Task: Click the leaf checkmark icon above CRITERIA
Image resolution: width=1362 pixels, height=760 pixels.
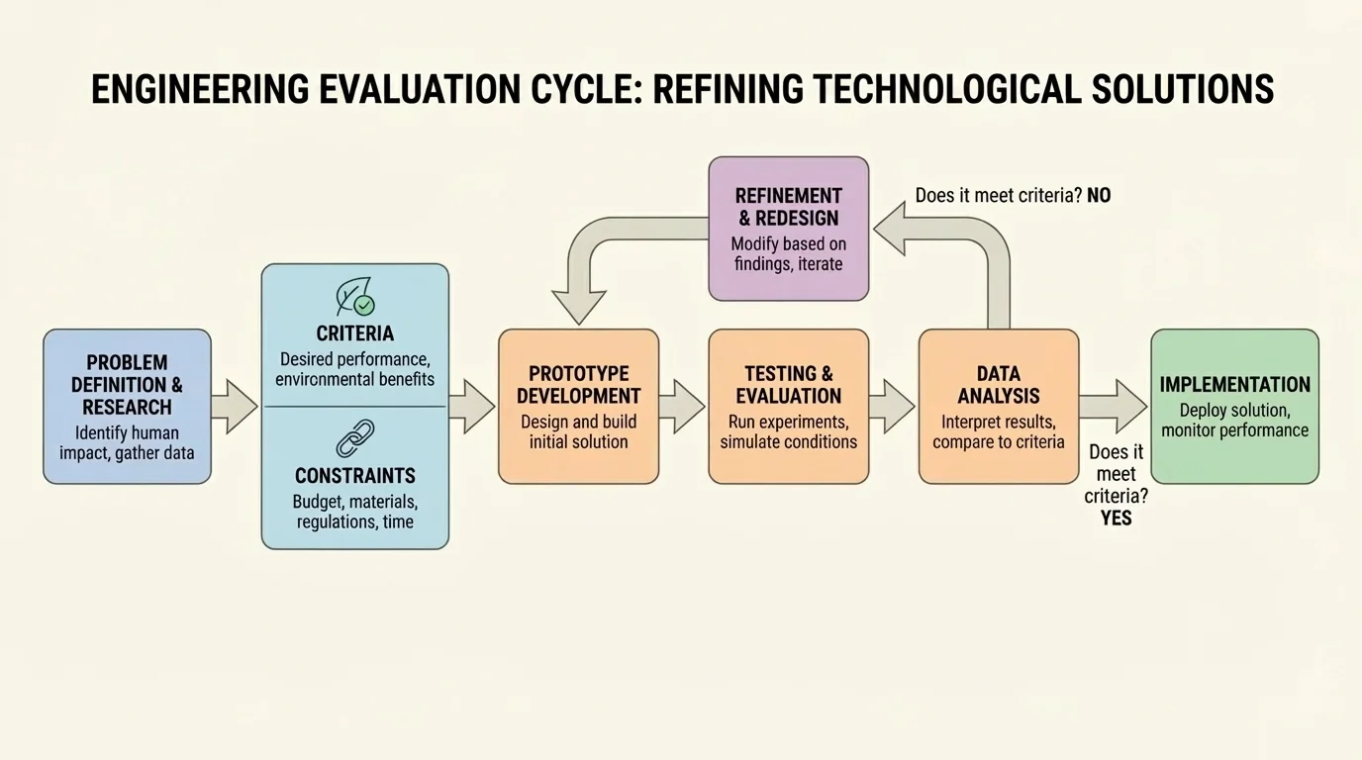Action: pos(355,297)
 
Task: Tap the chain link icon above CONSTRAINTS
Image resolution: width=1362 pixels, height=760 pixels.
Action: pos(355,438)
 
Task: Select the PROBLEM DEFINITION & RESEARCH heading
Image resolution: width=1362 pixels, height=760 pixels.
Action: pos(127,385)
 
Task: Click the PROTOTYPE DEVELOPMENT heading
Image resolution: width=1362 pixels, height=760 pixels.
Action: pos(578,385)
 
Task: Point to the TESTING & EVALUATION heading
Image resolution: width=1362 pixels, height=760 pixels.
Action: pos(789,385)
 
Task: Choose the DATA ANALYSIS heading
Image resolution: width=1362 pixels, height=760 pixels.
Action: pos(999,385)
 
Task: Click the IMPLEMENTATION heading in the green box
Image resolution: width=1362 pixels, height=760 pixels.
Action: pos(1234,385)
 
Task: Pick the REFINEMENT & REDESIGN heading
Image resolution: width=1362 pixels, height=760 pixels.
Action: pos(789,207)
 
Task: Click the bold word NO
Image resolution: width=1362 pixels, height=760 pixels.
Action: pos(1099,196)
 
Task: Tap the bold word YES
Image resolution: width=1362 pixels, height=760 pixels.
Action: pos(1116,518)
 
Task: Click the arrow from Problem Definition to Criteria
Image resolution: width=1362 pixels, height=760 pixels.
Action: pos(235,406)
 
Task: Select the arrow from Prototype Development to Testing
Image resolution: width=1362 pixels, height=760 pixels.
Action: pos(682,406)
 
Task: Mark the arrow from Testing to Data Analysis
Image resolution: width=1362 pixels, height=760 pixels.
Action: pos(892,406)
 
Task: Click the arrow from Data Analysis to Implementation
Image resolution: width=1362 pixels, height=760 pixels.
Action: pos(1113,406)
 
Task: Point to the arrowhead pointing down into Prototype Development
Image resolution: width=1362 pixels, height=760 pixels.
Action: pos(578,306)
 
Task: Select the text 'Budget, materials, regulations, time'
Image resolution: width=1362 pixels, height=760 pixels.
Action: pos(355,512)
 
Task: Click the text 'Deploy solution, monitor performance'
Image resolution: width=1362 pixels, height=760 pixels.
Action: pos(1234,421)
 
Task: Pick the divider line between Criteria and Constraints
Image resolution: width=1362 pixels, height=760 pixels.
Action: pos(355,407)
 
